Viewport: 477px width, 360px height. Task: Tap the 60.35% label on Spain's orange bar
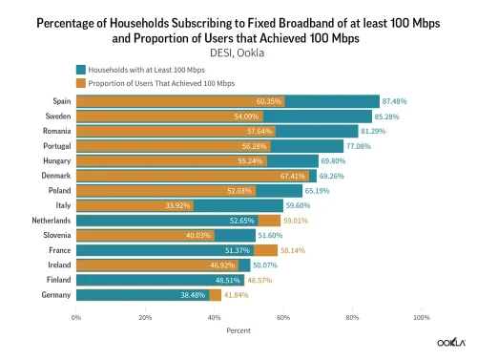270,100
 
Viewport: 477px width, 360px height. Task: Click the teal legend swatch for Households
80,70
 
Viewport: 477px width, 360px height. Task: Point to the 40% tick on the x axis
215,316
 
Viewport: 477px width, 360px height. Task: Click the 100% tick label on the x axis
421,316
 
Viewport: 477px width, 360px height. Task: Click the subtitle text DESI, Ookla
238,52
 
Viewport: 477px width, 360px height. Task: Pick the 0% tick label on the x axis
76,316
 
